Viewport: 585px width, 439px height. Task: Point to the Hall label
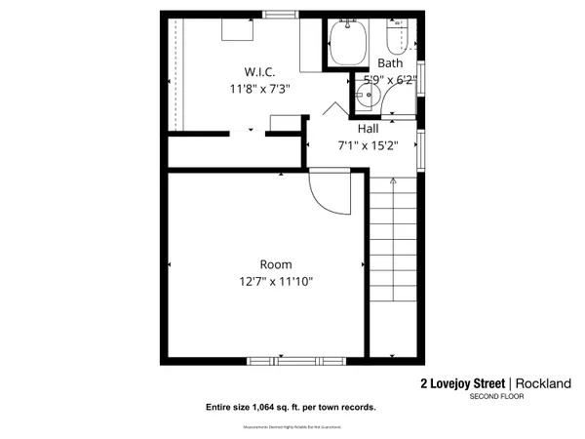(368, 129)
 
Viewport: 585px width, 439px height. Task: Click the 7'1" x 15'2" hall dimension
(368, 146)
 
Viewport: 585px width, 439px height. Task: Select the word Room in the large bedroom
(275, 264)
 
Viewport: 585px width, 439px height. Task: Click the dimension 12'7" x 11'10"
(275, 282)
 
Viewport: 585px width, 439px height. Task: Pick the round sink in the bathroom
(366, 96)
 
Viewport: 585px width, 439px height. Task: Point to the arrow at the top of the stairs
(392, 181)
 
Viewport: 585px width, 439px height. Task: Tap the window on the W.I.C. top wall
(280, 15)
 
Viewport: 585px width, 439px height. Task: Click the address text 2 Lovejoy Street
(463, 383)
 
